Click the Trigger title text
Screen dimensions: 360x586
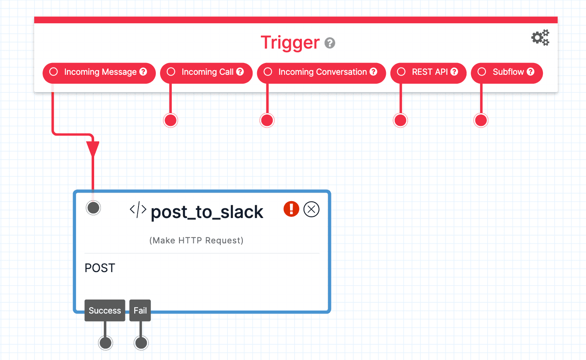click(x=290, y=43)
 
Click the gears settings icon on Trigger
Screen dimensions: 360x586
click(x=540, y=38)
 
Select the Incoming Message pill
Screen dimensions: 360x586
click(x=99, y=72)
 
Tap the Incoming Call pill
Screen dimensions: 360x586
click(x=206, y=72)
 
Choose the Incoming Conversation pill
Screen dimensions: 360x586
click(x=321, y=72)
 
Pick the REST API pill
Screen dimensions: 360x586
click(x=429, y=72)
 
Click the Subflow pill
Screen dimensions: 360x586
click(x=507, y=72)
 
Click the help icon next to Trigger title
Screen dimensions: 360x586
click(x=330, y=43)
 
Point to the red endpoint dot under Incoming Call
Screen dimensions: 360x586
click(x=171, y=120)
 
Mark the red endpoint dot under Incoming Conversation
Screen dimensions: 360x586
click(x=267, y=120)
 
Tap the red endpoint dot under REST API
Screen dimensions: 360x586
click(x=400, y=120)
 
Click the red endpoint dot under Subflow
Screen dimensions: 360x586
click(x=481, y=120)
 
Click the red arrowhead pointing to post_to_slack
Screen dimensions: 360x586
click(x=93, y=149)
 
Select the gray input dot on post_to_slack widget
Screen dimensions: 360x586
click(x=93, y=207)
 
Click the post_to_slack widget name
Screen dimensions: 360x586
click(x=207, y=212)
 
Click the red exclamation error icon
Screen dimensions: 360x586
click(x=291, y=209)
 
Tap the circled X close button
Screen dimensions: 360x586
click(x=312, y=209)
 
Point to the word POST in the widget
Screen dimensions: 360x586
click(x=100, y=268)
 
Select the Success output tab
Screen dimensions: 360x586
click(x=105, y=311)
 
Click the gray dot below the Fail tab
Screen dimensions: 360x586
click(x=141, y=343)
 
